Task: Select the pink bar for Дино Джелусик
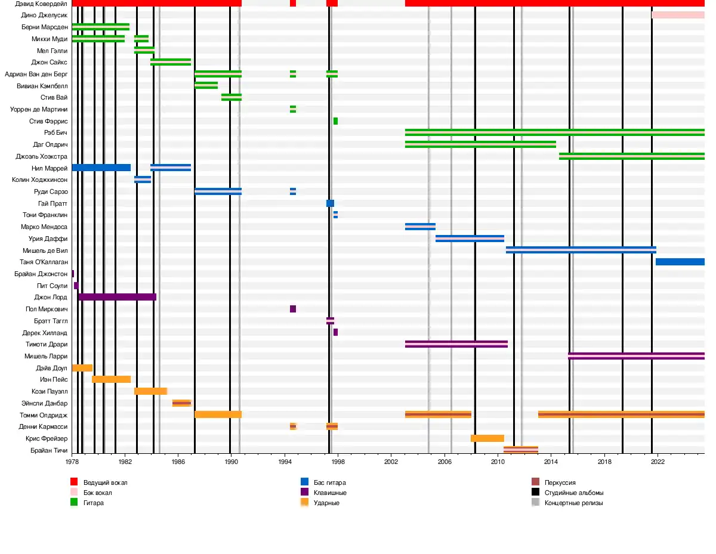pyautogui.click(x=678, y=15)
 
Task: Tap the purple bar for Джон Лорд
pyautogui.click(x=118, y=297)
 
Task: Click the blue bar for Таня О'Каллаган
pyautogui.click(x=680, y=262)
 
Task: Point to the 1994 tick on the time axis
pyautogui.click(x=285, y=461)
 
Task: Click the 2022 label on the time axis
pyautogui.click(x=658, y=461)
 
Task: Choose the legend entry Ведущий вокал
pyautogui.click(x=105, y=482)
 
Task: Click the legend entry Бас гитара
pyautogui.click(x=329, y=482)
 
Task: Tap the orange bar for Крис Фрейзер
pyautogui.click(x=487, y=438)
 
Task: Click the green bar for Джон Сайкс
pyautogui.click(x=171, y=61)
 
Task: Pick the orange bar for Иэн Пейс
pyautogui.click(x=111, y=379)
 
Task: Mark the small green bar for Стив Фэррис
pyautogui.click(x=335, y=121)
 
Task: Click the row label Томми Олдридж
pyautogui.click(x=44, y=415)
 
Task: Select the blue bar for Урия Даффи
pyautogui.click(x=470, y=239)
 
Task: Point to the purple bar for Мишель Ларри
pyautogui.click(x=636, y=356)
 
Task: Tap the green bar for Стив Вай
pyautogui.click(x=232, y=97)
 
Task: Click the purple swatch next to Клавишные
pyautogui.click(x=304, y=492)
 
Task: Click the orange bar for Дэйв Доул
pyautogui.click(x=82, y=368)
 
